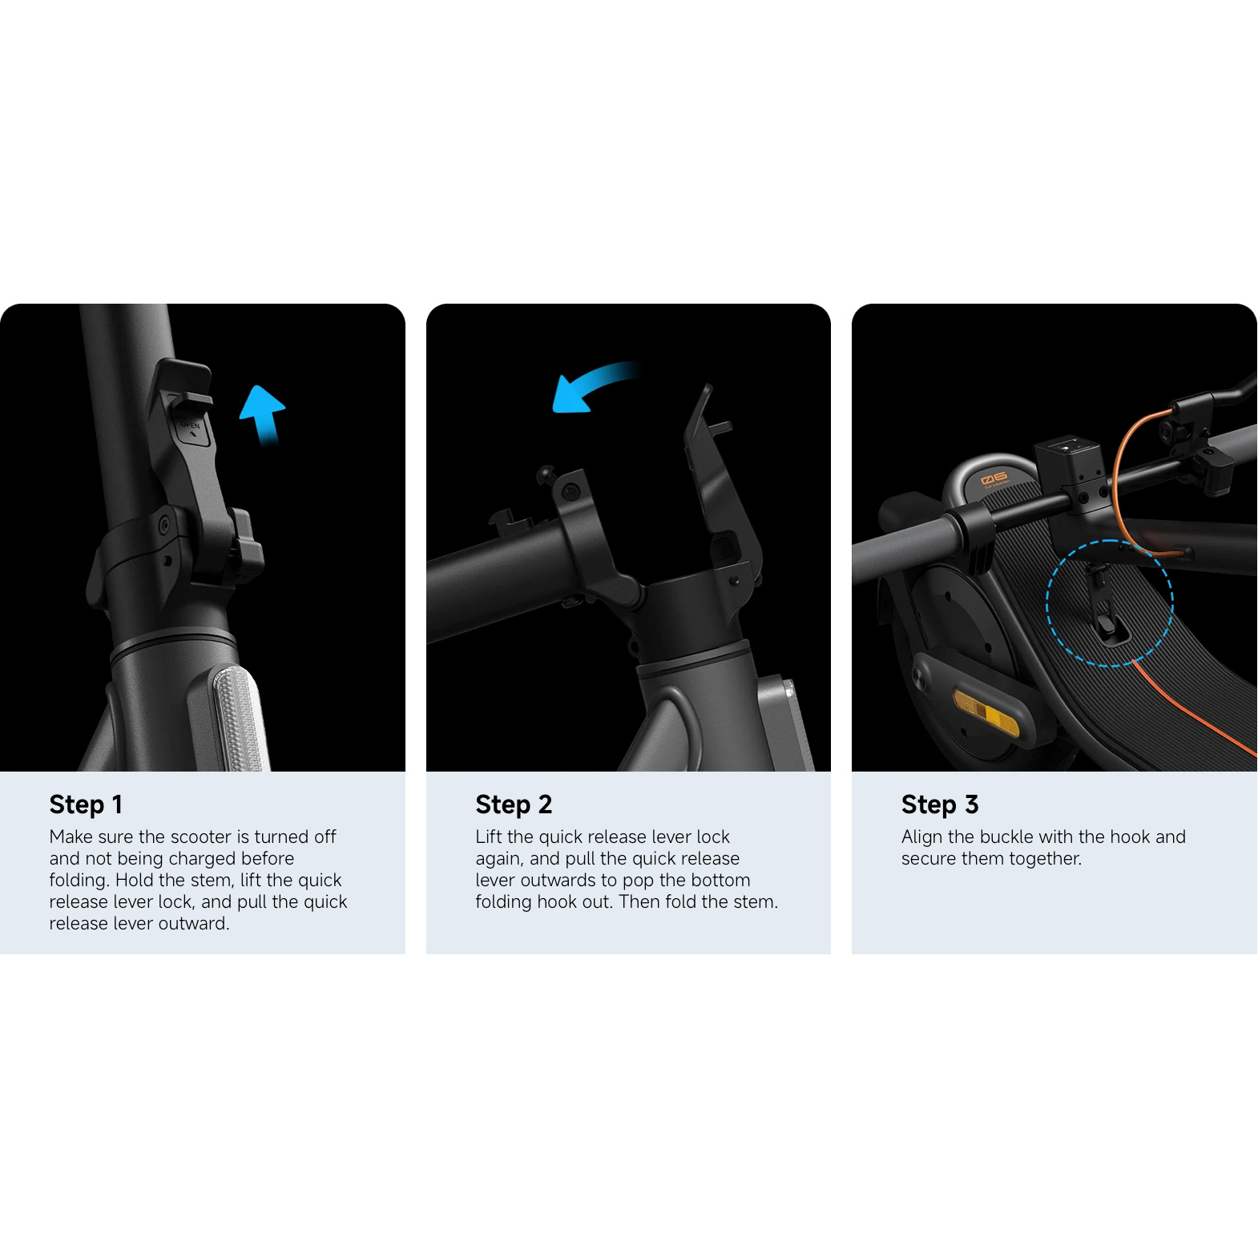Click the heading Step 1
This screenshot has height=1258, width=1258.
(x=86, y=804)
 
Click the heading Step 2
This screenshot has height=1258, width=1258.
(x=514, y=804)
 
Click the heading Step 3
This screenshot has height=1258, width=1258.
(x=940, y=804)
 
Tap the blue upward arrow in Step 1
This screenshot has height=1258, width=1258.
(x=263, y=414)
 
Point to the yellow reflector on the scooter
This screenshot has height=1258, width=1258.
(x=986, y=712)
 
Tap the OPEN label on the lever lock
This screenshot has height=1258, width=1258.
(x=190, y=425)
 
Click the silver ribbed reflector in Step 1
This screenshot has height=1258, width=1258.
(x=238, y=717)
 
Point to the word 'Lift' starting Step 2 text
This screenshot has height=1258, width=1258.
(x=489, y=837)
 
